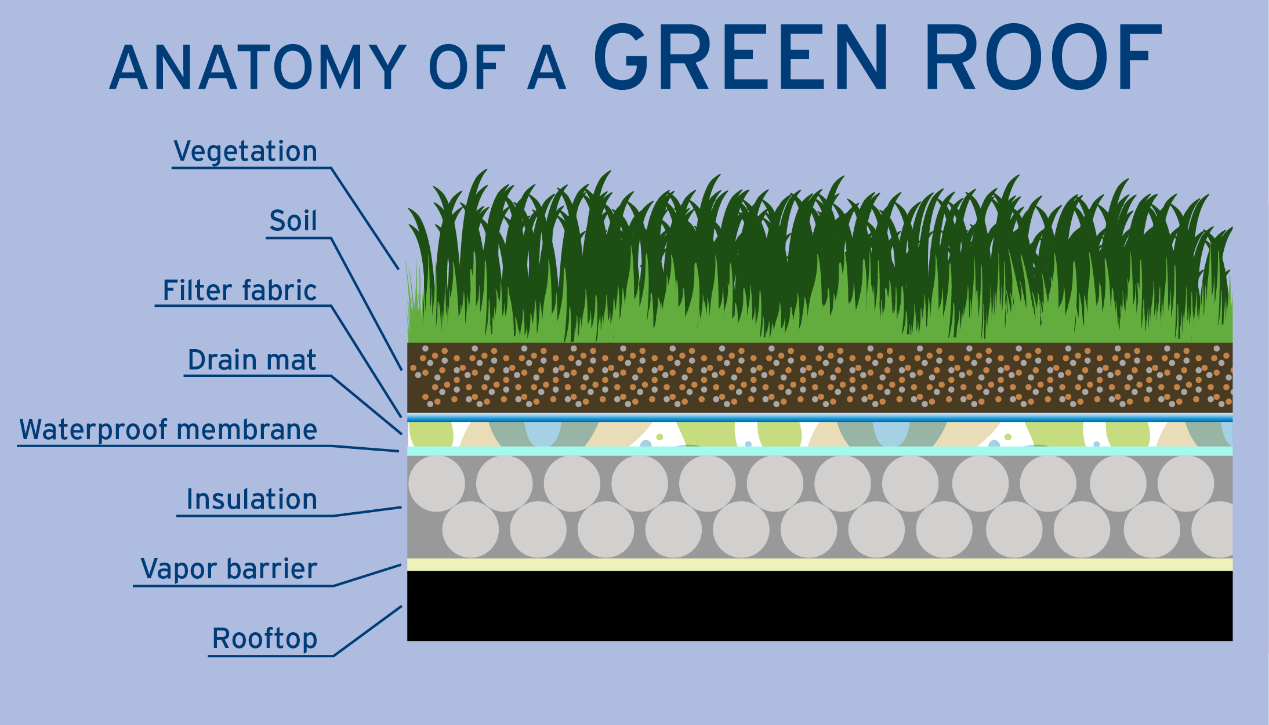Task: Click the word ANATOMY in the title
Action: pyautogui.click(x=258, y=67)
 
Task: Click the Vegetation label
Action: pyautogui.click(x=245, y=151)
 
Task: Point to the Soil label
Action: pyautogui.click(x=293, y=220)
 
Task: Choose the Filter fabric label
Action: pyautogui.click(x=240, y=290)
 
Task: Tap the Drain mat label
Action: pyautogui.click(x=252, y=360)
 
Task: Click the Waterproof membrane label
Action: pyautogui.click(x=168, y=430)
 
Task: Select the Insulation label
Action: pyautogui.click(x=252, y=499)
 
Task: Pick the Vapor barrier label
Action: pyautogui.click(x=229, y=568)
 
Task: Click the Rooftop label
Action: pyautogui.click(x=264, y=639)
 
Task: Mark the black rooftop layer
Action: pyautogui.click(x=820, y=606)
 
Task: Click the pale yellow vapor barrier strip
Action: pyautogui.click(x=820, y=564)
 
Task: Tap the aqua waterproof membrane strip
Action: pyautogui.click(x=820, y=451)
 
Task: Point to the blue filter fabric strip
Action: pyautogui.click(x=820, y=418)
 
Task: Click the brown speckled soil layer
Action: pyautogui.click(x=820, y=378)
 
